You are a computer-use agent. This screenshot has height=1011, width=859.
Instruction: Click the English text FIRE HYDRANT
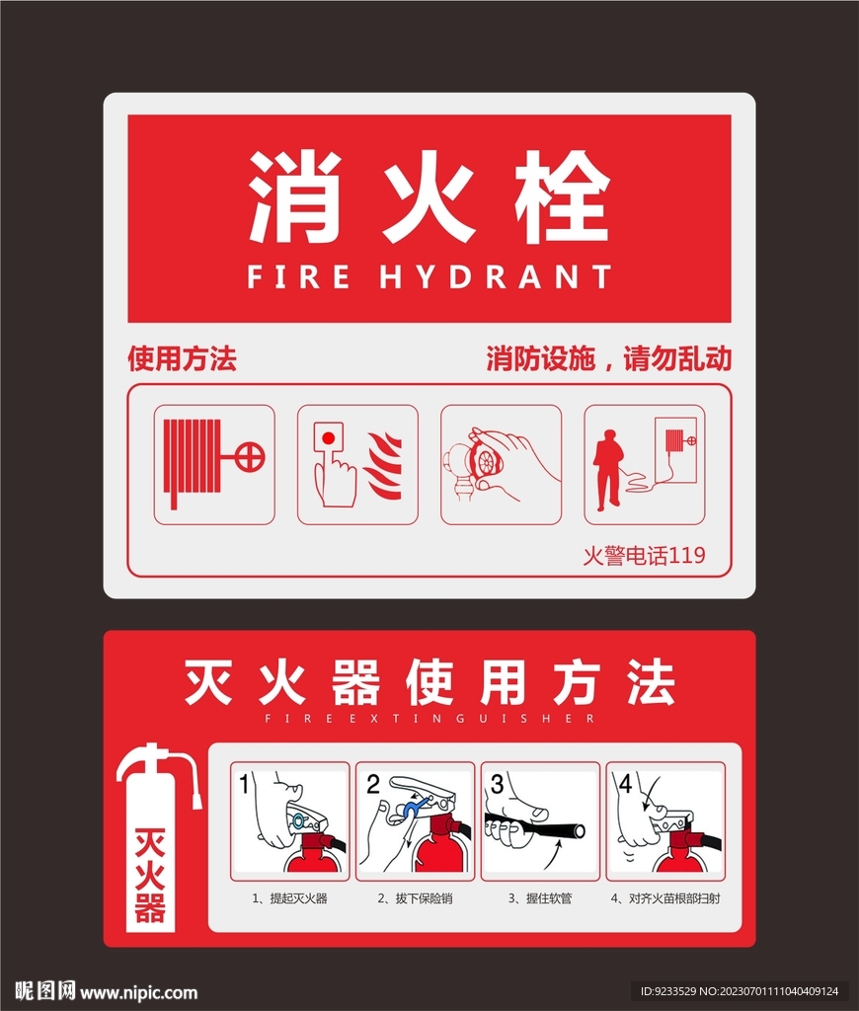pos(429,276)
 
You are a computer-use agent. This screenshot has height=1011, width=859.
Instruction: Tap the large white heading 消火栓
pos(429,196)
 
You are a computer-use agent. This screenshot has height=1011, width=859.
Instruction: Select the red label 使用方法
pos(182,358)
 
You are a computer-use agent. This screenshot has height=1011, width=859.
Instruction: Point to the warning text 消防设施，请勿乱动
pos(609,358)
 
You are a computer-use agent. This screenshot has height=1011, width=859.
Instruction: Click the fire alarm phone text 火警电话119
pos(644,555)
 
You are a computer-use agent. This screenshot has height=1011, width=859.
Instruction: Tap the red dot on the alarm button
pos(328,438)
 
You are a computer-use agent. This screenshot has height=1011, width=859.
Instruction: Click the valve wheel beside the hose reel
pos(250,457)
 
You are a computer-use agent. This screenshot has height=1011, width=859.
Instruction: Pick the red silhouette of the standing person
pos(607,470)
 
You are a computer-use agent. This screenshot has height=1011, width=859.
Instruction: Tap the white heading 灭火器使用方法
pos(429,682)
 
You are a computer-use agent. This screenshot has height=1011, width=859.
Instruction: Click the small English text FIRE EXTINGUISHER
pos(429,719)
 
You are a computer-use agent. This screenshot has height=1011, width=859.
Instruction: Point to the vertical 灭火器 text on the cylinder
pos(150,876)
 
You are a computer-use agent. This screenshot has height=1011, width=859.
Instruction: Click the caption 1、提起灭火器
pos(289,898)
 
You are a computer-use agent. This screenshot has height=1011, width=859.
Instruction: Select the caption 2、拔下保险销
pos(415,898)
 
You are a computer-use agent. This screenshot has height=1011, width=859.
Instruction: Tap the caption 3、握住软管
pos(540,898)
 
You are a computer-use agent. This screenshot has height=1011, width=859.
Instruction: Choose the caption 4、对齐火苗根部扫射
pos(665,898)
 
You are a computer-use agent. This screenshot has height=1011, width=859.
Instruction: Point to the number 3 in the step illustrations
pos(497,784)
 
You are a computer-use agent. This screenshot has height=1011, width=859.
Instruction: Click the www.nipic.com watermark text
pos(138,992)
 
